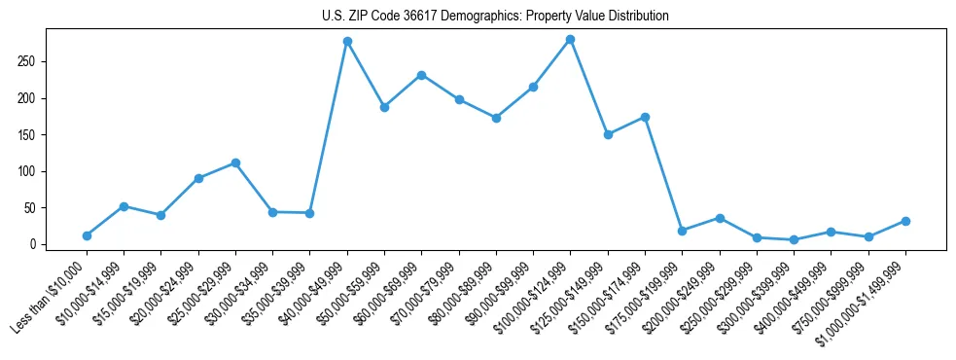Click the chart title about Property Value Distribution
click(x=495, y=17)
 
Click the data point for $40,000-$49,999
click(x=347, y=42)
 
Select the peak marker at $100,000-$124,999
click(x=571, y=39)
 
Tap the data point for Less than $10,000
click(x=87, y=235)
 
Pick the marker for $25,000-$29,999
click(x=235, y=163)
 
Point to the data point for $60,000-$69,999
click(x=421, y=75)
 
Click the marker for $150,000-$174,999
click(x=645, y=117)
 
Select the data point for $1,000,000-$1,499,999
click(x=905, y=221)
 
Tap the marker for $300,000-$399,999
click(x=794, y=239)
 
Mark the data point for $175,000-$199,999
click(x=682, y=231)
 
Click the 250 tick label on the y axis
click(x=27, y=61)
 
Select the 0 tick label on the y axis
click(x=33, y=244)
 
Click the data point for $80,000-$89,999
click(x=496, y=118)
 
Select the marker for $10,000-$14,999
click(x=124, y=206)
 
